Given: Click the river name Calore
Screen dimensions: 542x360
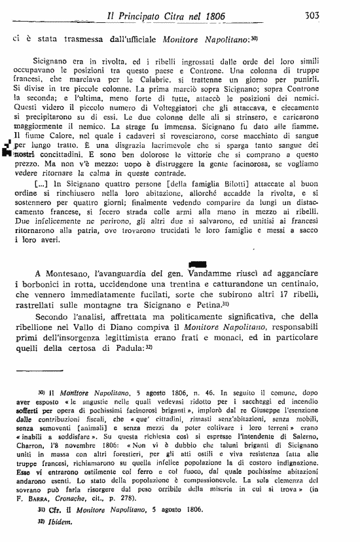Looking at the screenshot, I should point(56,136).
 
